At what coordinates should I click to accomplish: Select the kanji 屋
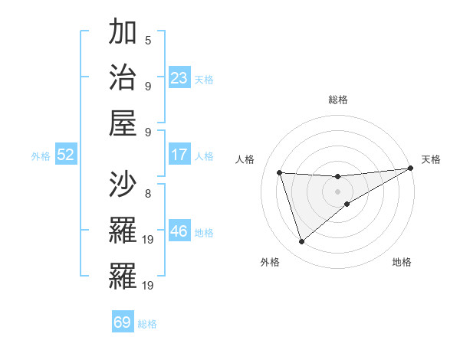123,122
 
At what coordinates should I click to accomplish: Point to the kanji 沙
123,185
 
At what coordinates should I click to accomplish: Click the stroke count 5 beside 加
148,41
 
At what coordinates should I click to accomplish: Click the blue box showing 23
179,77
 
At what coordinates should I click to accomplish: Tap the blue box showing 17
179,155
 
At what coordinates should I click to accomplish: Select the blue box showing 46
179,231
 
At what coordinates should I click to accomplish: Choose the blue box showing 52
66,155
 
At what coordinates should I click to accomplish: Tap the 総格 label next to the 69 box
147,324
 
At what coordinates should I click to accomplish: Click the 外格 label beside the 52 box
41,156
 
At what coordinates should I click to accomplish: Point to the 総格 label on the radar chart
338,100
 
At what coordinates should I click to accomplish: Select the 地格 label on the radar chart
402,263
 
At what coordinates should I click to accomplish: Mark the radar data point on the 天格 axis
411,169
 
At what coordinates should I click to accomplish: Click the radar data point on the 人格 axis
280,172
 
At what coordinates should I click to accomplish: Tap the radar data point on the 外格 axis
301,242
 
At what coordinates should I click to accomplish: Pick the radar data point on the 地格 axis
347,204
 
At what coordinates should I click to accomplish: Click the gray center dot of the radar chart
338,191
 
